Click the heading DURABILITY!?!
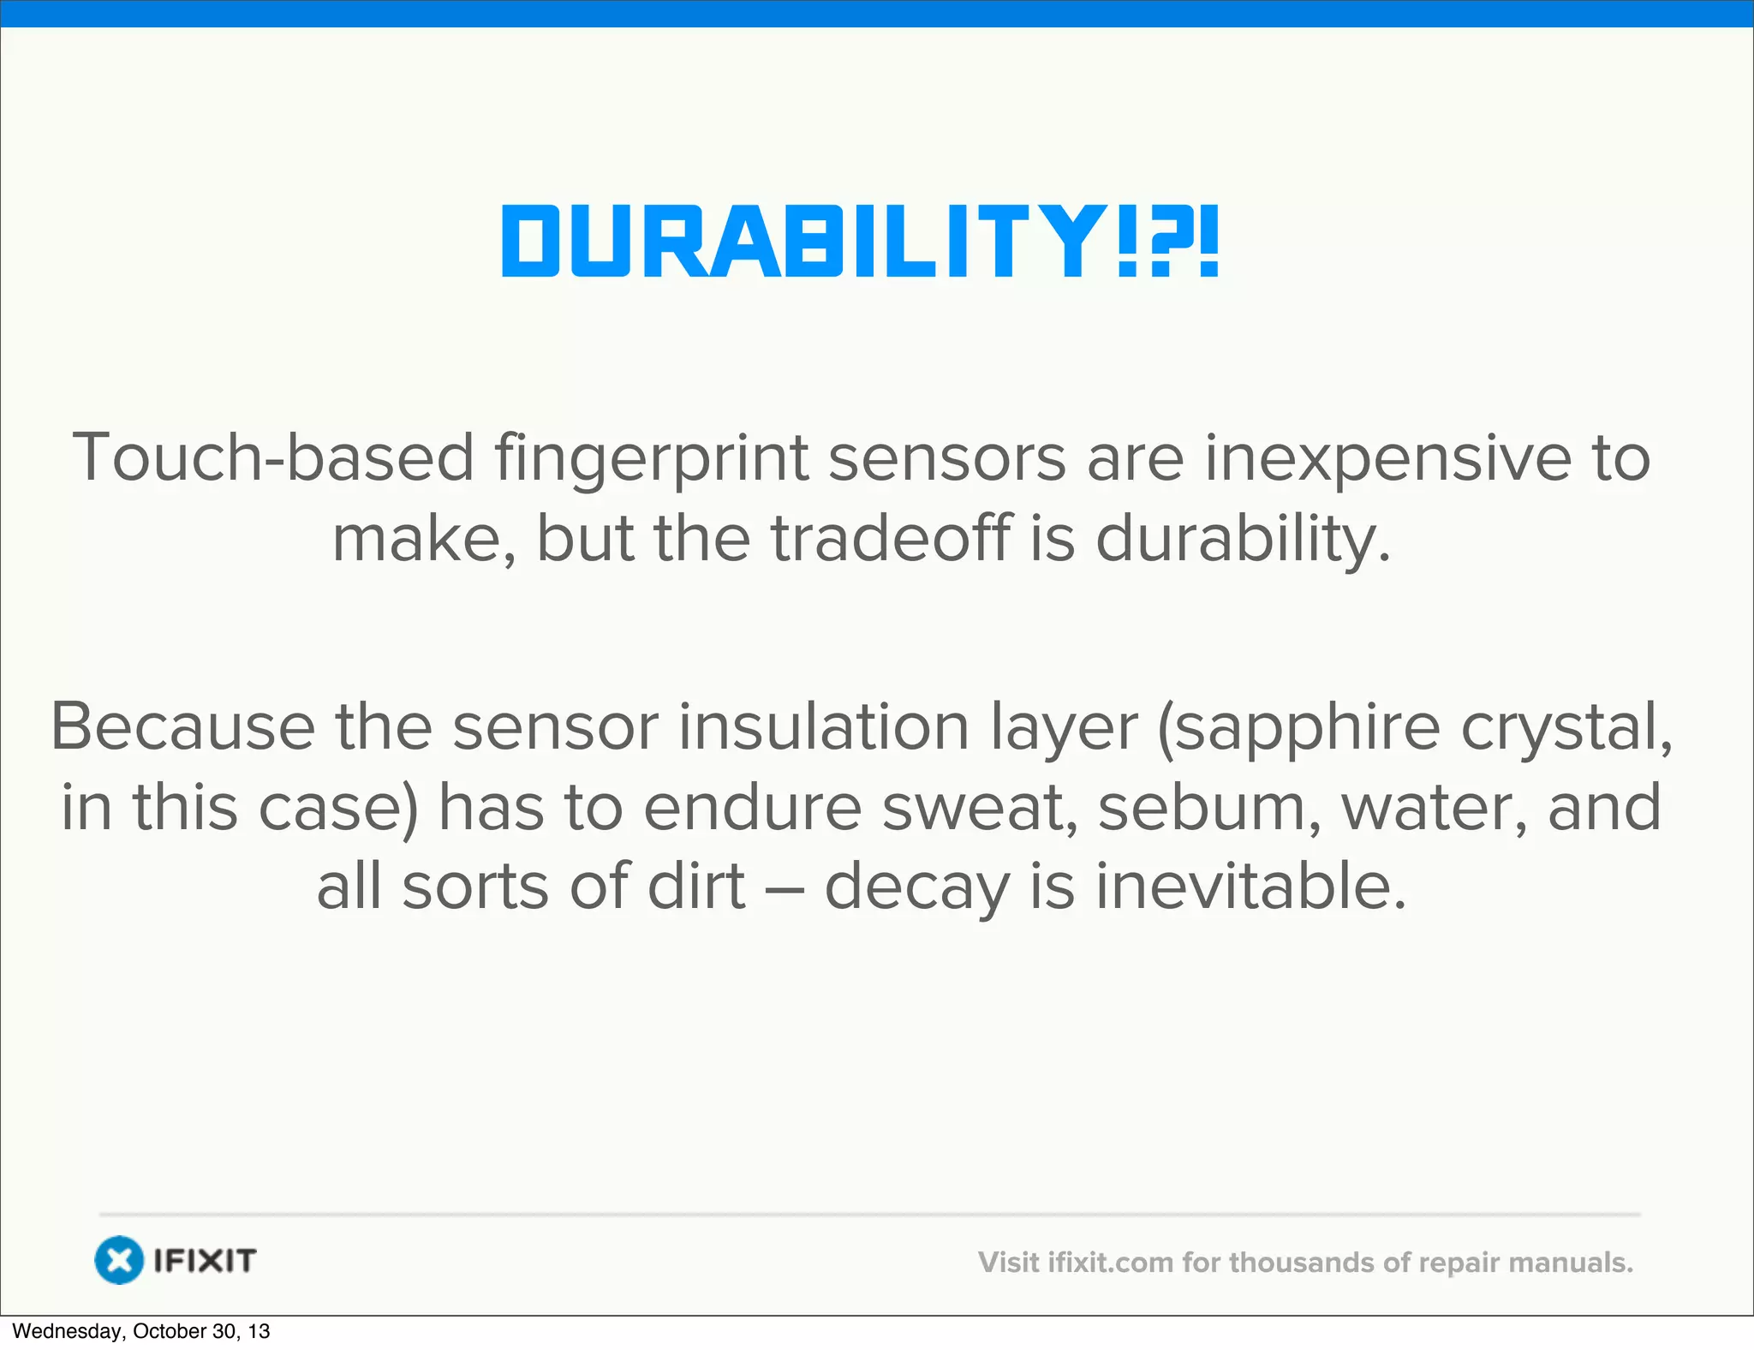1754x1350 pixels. tap(860, 242)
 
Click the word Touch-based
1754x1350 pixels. tap(273, 458)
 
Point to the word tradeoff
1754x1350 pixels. tap(890, 539)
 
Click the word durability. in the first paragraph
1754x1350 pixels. tap(1243, 541)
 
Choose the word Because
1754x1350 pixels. tap(182, 727)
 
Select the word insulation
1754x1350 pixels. tap(824, 727)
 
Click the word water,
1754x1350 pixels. tap(1434, 808)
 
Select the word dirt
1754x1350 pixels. tap(696, 886)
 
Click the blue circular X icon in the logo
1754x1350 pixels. tap(119, 1260)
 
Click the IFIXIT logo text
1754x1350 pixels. tap(205, 1261)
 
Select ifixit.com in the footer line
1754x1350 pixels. tap(1110, 1263)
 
